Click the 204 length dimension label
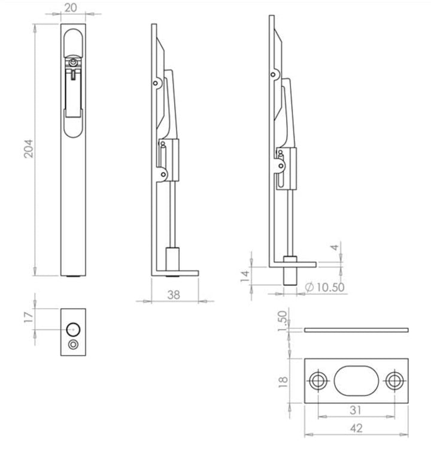point(29,149)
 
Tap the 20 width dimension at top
point(71,8)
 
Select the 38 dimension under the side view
point(174,295)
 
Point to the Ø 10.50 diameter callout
point(324,287)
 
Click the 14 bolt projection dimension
point(245,276)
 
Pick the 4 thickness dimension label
point(335,247)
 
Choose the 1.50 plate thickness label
point(282,321)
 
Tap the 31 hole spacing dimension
point(356,410)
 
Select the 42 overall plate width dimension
point(356,428)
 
